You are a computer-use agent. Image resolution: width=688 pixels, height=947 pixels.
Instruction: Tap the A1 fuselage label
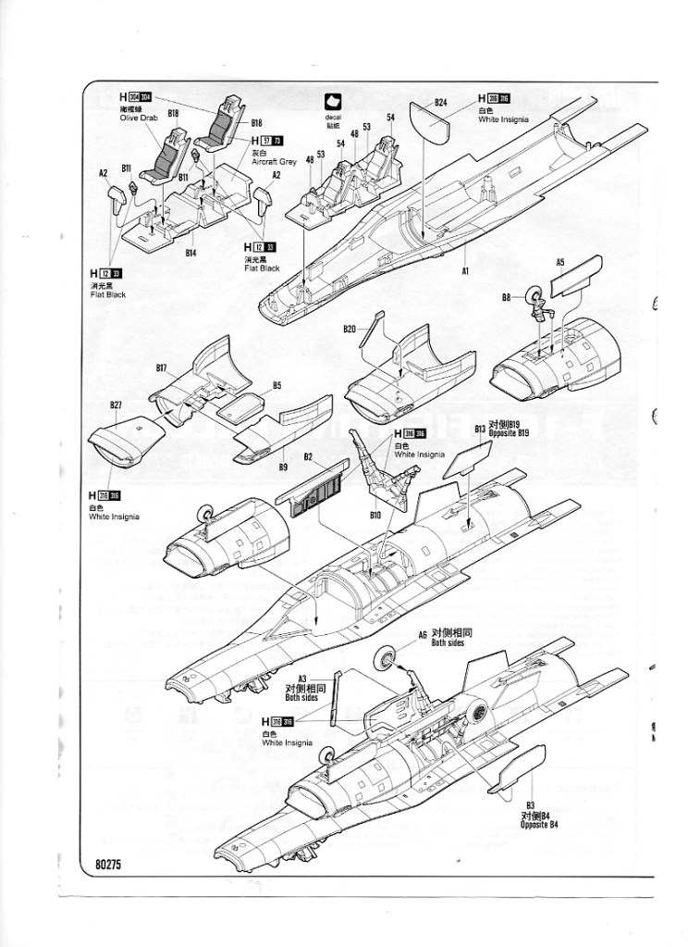point(466,271)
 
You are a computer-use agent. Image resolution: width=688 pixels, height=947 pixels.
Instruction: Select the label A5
point(560,262)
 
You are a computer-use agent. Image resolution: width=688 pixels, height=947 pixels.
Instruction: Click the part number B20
point(350,329)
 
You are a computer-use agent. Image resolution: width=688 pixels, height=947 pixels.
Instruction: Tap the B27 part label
point(116,405)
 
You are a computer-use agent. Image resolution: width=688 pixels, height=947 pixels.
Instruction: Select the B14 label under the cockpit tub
point(190,252)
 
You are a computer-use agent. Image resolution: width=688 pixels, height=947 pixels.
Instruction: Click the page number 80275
point(110,866)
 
